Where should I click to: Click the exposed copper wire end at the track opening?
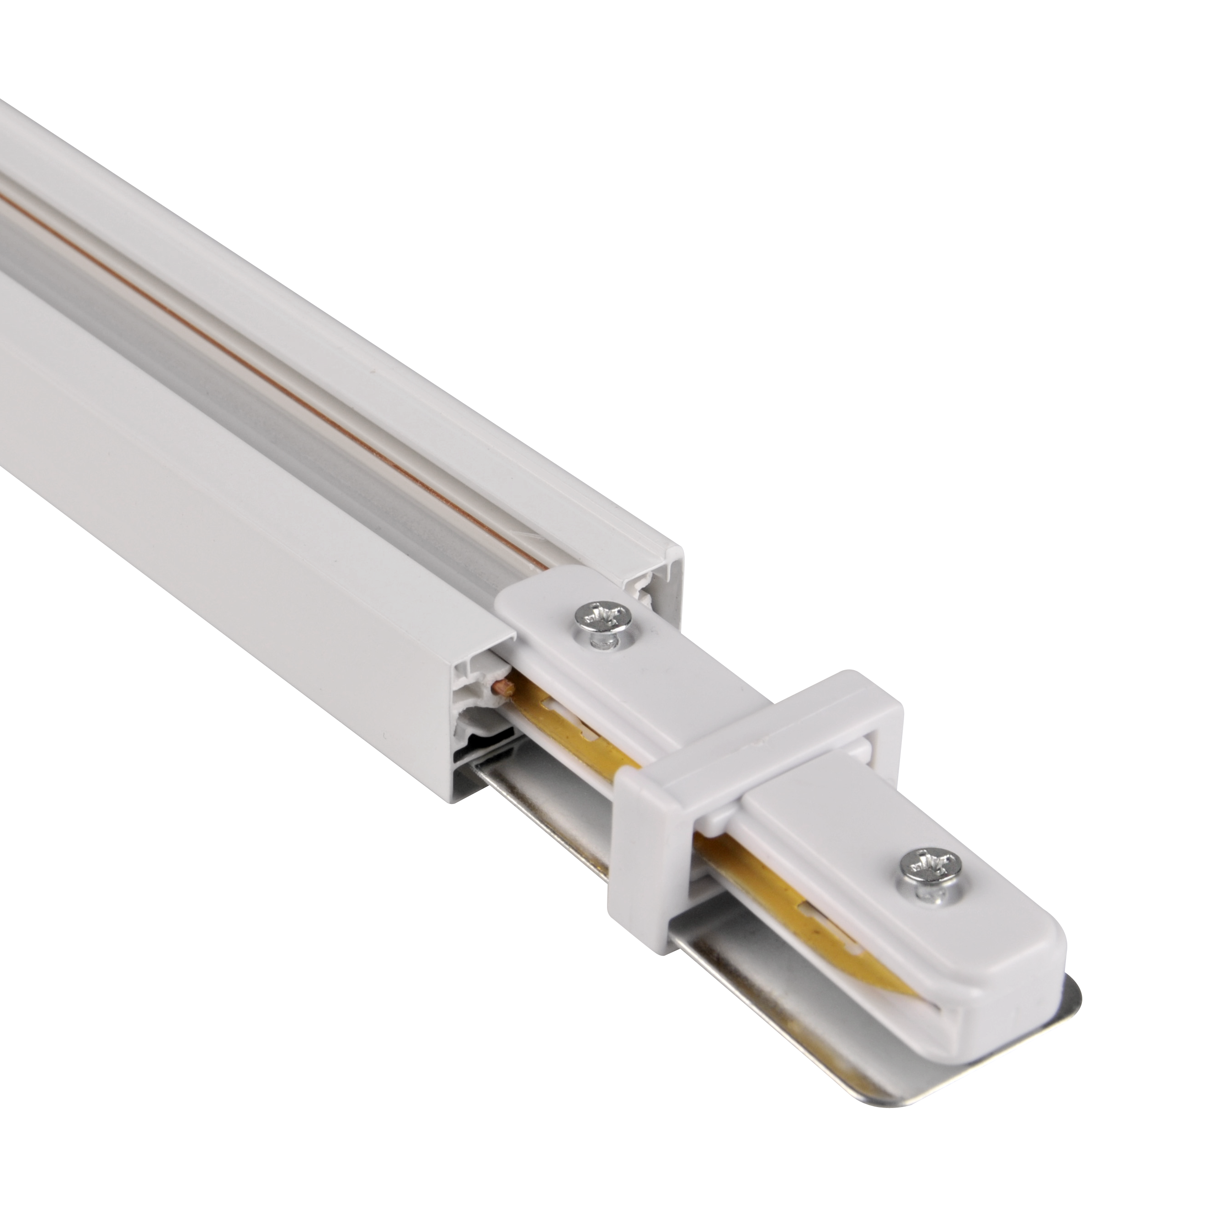coord(504,689)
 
